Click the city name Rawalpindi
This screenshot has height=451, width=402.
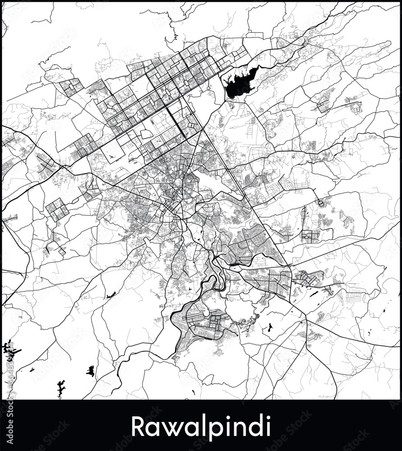coord(201,426)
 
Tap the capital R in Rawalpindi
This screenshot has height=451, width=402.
coord(137,426)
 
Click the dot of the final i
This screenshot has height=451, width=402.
coord(268,418)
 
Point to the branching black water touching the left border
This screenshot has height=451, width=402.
coord(6,348)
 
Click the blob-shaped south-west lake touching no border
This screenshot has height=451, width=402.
coord(91,371)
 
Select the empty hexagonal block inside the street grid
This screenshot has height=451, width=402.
coord(146,134)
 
